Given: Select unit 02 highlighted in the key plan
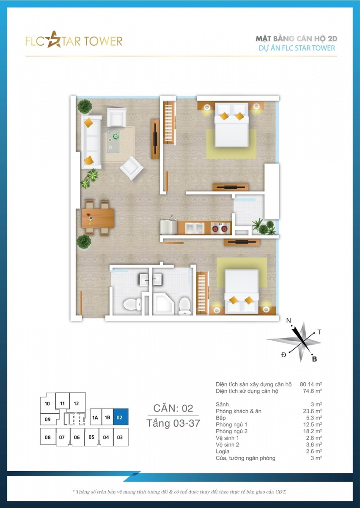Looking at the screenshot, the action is (x=121, y=417).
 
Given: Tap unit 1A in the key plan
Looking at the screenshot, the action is (x=95, y=417).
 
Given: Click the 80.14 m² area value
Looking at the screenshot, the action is (x=311, y=384).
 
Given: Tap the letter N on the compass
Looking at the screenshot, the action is (x=289, y=321).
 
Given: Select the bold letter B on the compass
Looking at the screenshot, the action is (x=314, y=359).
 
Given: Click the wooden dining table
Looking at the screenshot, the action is (x=98, y=218).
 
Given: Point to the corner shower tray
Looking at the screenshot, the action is (x=163, y=304).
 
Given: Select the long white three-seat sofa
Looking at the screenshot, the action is (x=91, y=142).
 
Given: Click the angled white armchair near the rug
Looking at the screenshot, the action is (x=132, y=168).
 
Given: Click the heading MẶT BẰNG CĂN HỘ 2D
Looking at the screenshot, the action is (x=297, y=39).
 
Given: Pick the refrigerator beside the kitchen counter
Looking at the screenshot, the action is (x=168, y=227).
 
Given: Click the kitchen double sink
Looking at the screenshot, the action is (x=195, y=228).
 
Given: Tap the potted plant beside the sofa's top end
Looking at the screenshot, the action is (x=85, y=106).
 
